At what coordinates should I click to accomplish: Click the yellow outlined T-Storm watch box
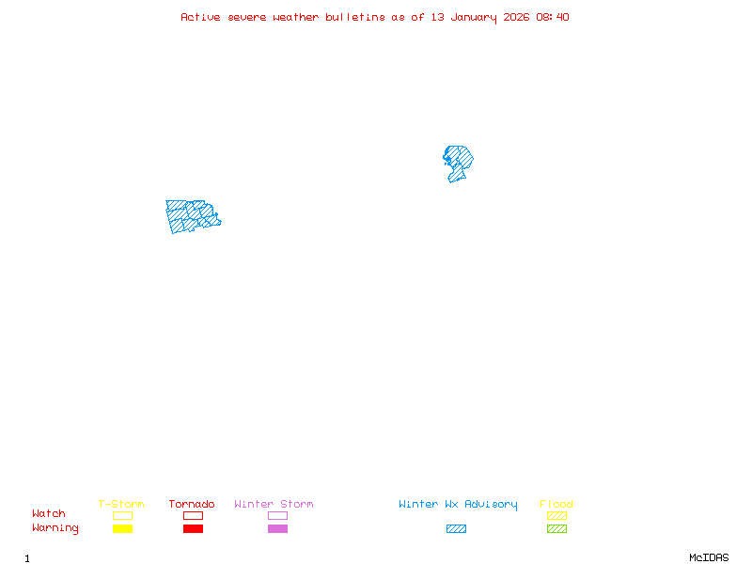pos(122,515)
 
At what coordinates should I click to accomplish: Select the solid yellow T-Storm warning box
pos(122,529)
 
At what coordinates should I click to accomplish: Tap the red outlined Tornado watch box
pos(193,515)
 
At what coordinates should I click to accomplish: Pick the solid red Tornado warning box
pos(193,529)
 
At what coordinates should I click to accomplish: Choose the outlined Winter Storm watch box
pos(277,515)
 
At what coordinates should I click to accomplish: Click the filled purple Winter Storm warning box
pos(277,529)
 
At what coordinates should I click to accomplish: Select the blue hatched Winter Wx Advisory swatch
pos(456,529)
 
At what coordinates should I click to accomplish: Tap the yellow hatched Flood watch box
pos(556,515)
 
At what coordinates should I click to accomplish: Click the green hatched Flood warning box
pos(556,529)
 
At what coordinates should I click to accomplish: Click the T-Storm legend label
pos(121,505)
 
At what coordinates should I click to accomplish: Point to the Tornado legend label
pos(192,505)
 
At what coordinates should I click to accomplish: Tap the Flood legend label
pos(556,505)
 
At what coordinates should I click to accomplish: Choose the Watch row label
pos(49,514)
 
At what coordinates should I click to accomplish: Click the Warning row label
pos(55,528)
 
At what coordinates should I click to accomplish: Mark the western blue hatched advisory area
pos(191,215)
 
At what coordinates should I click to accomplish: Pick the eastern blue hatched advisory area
pos(458,160)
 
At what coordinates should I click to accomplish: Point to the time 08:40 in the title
pos(553,17)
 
